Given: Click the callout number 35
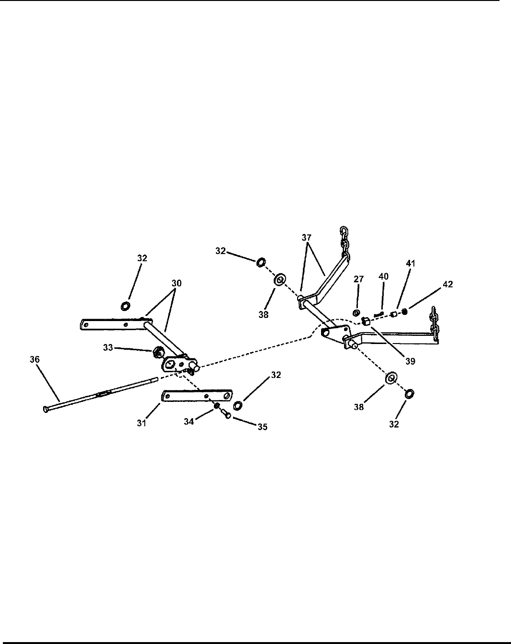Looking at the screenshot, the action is click(x=262, y=427).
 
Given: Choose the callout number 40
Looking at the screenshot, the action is click(x=383, y=276).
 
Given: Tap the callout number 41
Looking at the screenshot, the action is click(x=410, y=264).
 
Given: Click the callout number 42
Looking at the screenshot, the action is click(x=447, y=284).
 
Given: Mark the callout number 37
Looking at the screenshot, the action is click(x=307, y=237).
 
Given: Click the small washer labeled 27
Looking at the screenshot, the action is click(x=356, y=313).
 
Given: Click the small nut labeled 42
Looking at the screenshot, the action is click(x=404, y=312).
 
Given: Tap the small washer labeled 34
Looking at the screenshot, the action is click(x=216, y=407).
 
